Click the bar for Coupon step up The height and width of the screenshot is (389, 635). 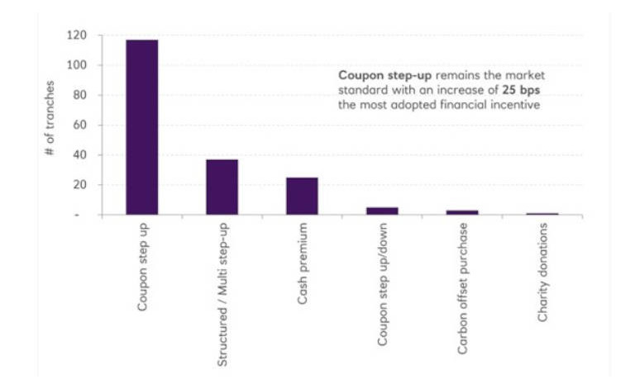click(x=141, y=127)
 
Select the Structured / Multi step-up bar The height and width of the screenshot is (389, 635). click(x=222, y=187)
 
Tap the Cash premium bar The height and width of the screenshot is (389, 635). click(x=302, y=197)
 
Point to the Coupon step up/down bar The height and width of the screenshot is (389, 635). click(x=382, y=211)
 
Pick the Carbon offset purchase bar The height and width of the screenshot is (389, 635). click(x=462, y=212)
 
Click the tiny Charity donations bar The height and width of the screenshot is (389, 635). click(x=542, y=214)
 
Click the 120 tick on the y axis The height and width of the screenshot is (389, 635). click(x=79, y=36)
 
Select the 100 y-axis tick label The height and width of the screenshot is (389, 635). click(x=79, y=65)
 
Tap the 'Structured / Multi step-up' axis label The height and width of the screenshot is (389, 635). click(x=222, y=293)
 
